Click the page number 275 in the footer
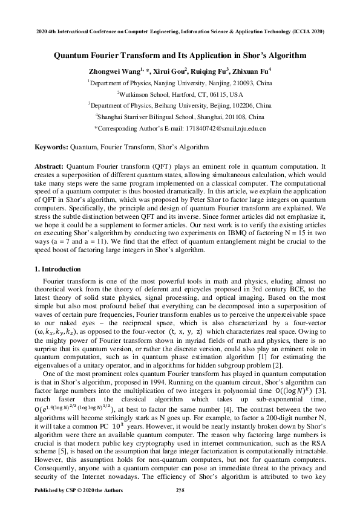pos(180,489)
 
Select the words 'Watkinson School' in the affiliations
pos(145,94)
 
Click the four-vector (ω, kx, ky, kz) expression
pos(62,332)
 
